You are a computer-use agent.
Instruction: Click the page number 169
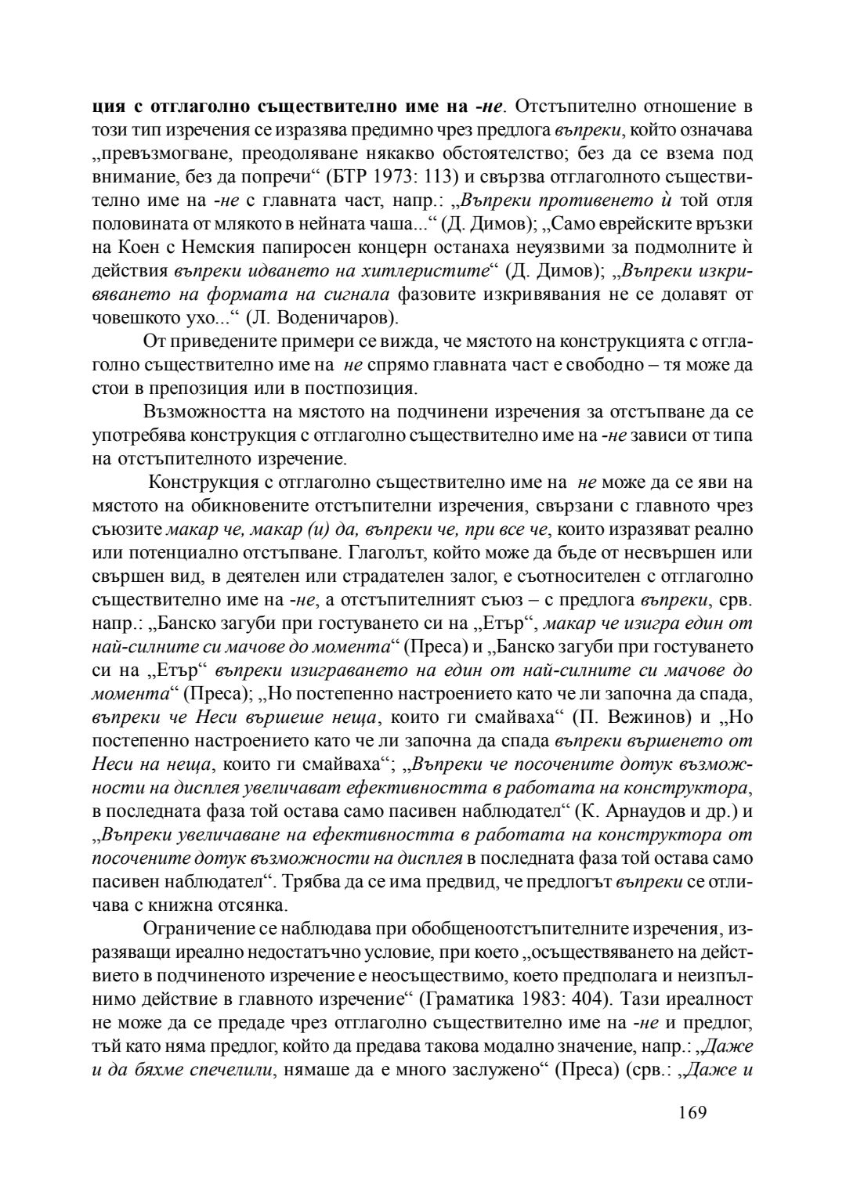point(690,1112)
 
